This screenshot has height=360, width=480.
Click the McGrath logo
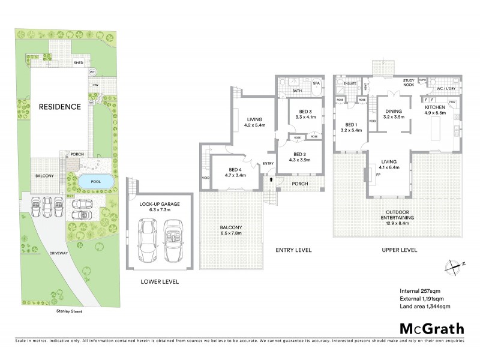pyautogui.click(x=432, y=328)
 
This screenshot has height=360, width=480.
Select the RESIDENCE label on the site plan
pyautogui.click(x=59, y=107)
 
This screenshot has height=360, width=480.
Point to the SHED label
pyautogui.click(x=78, y=62)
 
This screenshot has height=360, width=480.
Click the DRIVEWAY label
pyautogui.click(x=53, y=254)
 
